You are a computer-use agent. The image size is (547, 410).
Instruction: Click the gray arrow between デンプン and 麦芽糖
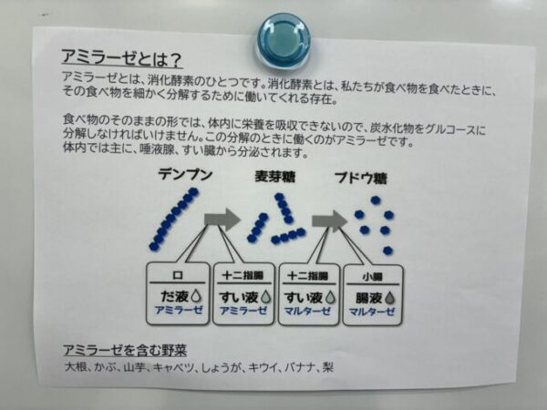(x=221, y=220)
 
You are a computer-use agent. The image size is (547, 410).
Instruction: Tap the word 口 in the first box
(x=178, y=274)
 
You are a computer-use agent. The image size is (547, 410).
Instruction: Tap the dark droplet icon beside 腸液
(x=388, y=296)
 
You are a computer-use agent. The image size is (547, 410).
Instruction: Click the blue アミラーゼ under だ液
(x=178, y=312)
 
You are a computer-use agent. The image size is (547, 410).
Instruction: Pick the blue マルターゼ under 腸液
(x=371, y=312)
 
